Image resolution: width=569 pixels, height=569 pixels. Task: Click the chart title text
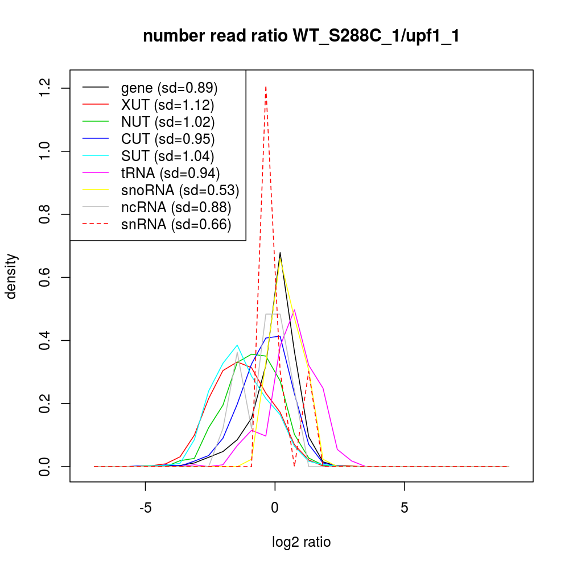click(x=301, y=36)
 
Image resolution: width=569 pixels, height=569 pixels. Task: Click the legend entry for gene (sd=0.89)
click(x=170, y=88)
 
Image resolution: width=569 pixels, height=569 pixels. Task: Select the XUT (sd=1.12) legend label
click(x=167, y=105)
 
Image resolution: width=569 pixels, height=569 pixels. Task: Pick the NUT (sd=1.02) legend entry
click(x=168, y=122)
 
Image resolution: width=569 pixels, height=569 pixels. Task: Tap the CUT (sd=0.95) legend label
click(x=168, y=139)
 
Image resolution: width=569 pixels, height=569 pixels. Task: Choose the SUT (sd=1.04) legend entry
click(x=168, y=156)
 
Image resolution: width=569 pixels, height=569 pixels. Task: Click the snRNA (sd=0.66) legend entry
click(x=176, y=224)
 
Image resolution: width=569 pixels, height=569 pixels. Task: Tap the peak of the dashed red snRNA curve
click(x=266, y=86)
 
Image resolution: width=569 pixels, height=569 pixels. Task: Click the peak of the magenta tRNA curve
click(x=294, y=310)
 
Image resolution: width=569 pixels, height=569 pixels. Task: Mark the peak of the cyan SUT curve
click(x=237, y=345)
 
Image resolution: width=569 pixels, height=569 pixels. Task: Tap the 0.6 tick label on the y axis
click(x=46, y=277)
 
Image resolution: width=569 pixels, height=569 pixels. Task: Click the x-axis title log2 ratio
click(x=302, y=542)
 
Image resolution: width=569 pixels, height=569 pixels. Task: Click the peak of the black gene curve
click(x=280, y=253)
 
